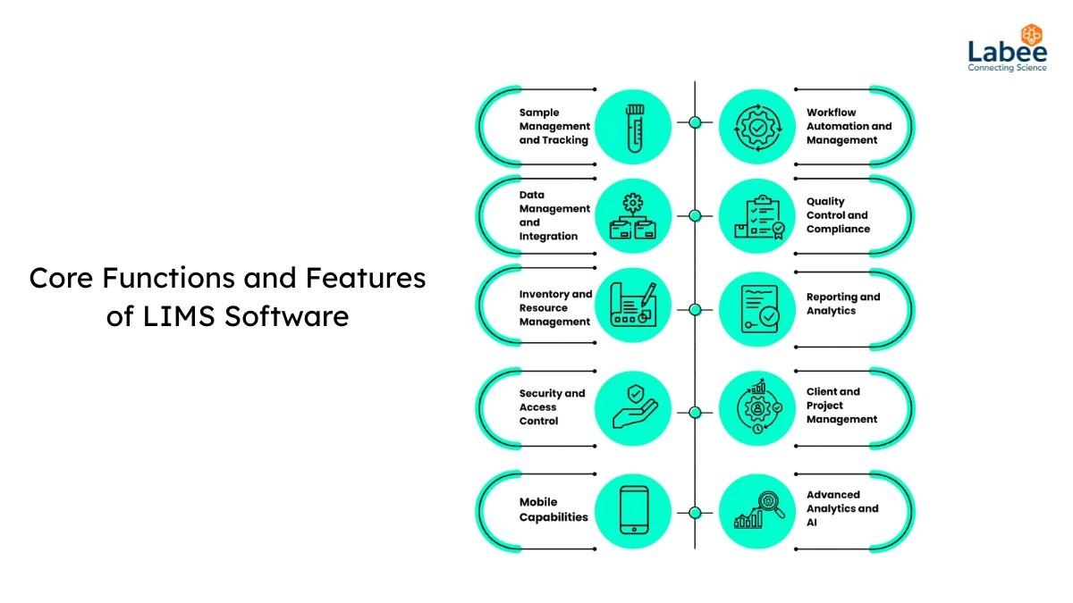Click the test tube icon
coord(635,129)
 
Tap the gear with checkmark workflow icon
coord(758,127)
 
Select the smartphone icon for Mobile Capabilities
coord(634,510)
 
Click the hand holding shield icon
coord(635,406)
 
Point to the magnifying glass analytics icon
coord(760,511)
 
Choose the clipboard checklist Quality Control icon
coord(760,217)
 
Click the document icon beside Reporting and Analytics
coord(760,309)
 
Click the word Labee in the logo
coord(1008,52)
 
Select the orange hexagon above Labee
coord(1031,35)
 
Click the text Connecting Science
coord(1007,68)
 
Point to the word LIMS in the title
coord(179,316)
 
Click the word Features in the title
coord(366,278)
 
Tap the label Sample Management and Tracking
coord(554,126)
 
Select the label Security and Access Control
coord(553,407)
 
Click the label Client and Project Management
coord(841,406)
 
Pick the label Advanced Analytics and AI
coord(842,508)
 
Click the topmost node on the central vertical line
coord(695,122)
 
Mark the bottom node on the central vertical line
coord(695,513)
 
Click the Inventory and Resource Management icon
coord(633,305)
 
